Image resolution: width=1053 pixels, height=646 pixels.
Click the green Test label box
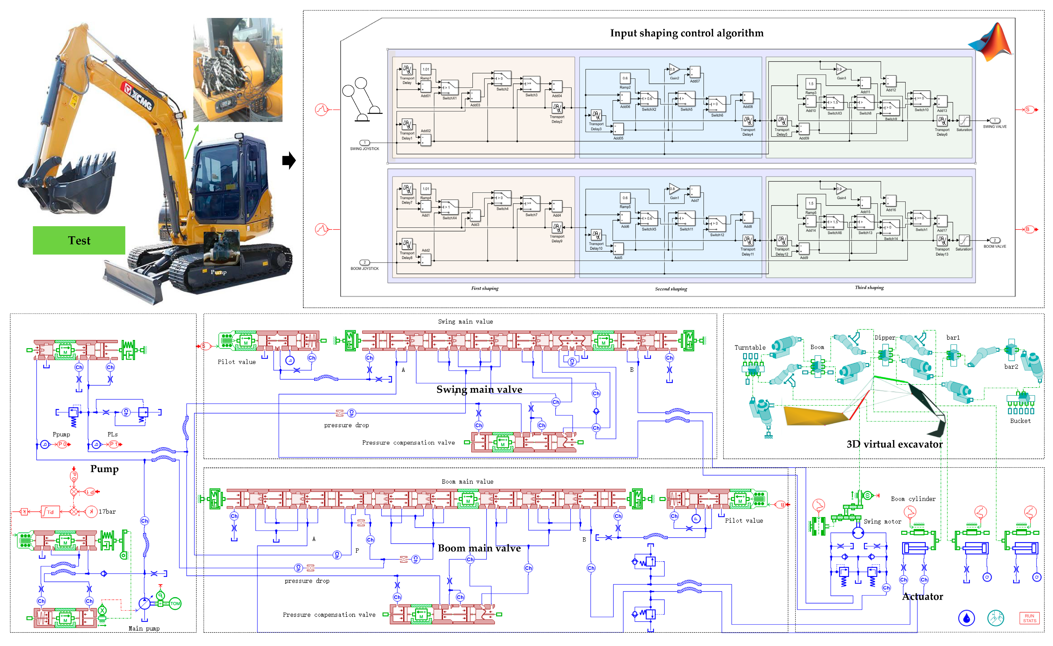point(79,241)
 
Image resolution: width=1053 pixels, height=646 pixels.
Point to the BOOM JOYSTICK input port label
point(365,268)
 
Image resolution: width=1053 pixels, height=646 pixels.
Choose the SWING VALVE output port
point(995,121)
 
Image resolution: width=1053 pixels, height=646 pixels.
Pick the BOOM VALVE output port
point(995,241)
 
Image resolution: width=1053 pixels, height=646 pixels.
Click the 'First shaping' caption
point(485,288)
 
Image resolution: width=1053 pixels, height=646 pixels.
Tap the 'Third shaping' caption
point(869,288)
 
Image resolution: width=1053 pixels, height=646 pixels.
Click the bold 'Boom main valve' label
point(479,548)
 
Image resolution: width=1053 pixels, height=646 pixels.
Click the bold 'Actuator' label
point(922,596)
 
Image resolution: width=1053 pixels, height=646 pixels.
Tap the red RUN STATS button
point(1029,618)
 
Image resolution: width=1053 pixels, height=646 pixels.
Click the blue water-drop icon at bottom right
point(966,618)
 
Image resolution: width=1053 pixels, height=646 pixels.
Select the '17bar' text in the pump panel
point(107,512)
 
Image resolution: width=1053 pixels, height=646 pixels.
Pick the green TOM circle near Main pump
point(175,604)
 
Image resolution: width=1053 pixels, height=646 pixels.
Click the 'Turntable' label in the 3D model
point(750,347)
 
